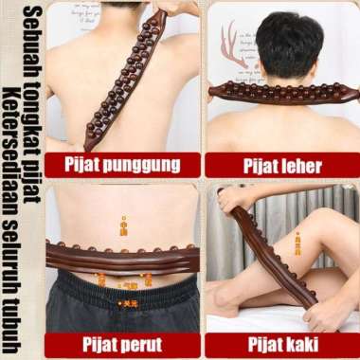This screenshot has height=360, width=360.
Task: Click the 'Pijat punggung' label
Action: (121, 164)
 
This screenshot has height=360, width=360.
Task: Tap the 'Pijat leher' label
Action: (282, 166)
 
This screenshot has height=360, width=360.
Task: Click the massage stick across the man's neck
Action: (284, 92)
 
